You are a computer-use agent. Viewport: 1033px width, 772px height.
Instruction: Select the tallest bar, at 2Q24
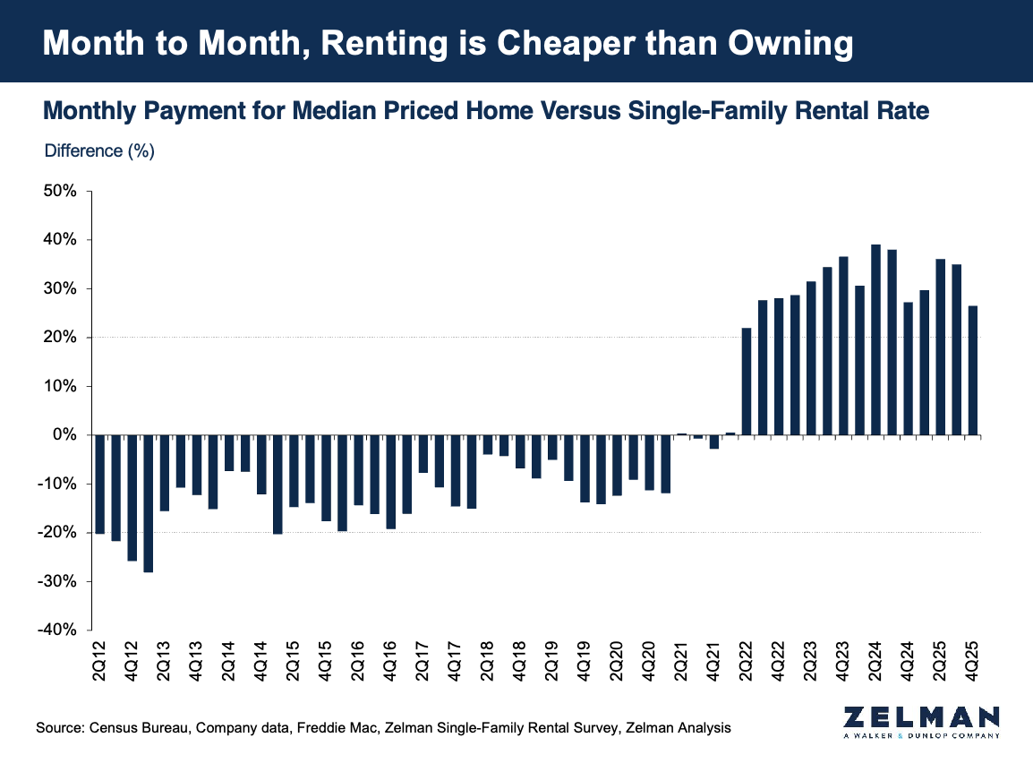click(x=875, y=340)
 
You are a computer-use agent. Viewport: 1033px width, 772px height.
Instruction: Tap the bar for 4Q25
click(x=972, y=371)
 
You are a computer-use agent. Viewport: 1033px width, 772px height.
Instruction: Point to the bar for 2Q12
click(x=99, y=484)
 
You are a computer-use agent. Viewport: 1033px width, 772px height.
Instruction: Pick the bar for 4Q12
click(x=132, y=498)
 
